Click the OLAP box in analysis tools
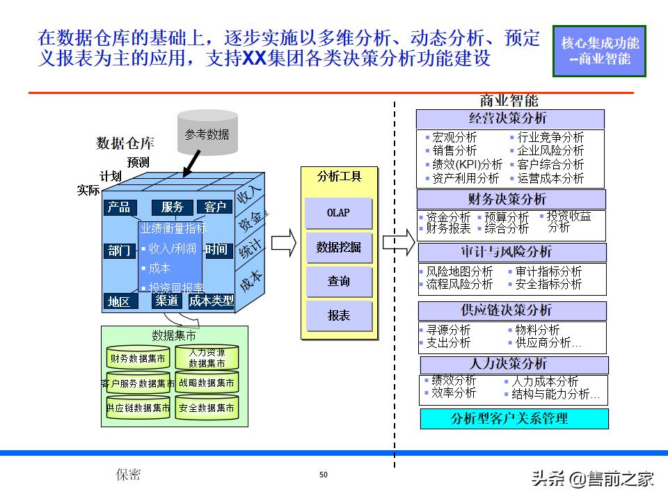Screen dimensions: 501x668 pos(339,213)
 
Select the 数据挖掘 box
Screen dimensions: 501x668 pos(339,247)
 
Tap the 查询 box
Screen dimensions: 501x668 pos(339,281)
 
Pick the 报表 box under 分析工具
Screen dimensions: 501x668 pos(339,315)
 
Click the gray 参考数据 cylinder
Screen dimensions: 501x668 pos(207,135)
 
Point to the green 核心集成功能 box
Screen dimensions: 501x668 pos(600,51)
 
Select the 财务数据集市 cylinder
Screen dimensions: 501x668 pos(138,358)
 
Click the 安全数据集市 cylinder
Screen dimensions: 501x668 pos(207,408)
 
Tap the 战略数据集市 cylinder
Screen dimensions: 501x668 pos(207,382)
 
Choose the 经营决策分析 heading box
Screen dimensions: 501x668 pos(510,118)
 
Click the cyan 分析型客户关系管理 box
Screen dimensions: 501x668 pos(514,418)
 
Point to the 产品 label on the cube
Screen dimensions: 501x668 pos(119,207)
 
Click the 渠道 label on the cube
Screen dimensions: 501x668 pos(167,301)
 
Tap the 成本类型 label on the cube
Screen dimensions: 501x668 pos(212,301)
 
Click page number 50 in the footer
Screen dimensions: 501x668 pos(324,475)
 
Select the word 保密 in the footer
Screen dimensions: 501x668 pos(128,475)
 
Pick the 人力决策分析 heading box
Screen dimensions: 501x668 pos(514,364)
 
